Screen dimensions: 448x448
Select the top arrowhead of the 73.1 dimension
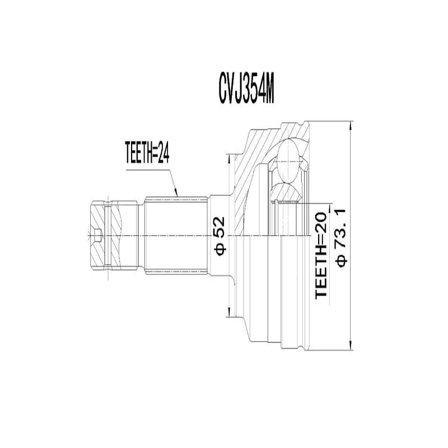coord(350,124)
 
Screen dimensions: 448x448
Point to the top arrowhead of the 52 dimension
coord(228,157)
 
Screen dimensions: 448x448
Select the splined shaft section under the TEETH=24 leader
coord(176,235)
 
